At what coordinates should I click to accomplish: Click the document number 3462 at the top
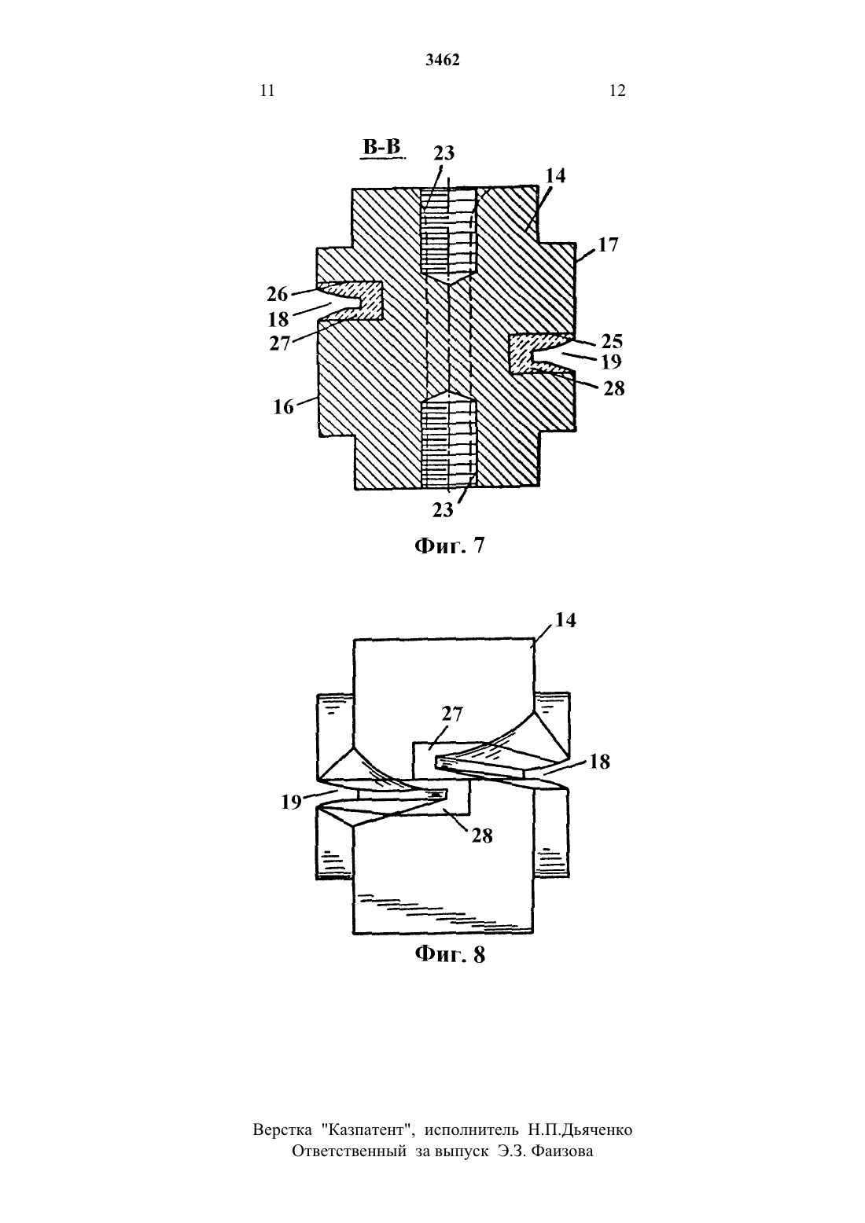[x=443, y=60]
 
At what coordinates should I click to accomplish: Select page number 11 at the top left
[x=267, y=90]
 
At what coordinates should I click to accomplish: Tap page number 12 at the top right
[x=617, y=90]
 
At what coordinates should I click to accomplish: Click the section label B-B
[x=382, y=148]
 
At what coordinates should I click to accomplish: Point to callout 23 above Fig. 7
[x=444, y=153]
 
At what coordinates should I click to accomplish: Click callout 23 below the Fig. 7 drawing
[x=443, y=510]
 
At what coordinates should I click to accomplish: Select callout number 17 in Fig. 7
[x=609, y=244]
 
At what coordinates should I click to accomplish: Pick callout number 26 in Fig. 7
[x=277, y=294]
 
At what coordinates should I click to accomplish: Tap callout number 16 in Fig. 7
[x=283, y=407]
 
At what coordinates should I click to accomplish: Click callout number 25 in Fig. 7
[x=612, y=341]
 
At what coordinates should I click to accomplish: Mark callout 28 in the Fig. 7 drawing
[x=614, y=389]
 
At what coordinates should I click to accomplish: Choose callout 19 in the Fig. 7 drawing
[x=611, y=362]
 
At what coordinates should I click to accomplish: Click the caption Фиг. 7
[x=450, y=546]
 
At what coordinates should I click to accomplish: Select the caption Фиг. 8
[x=450, y=954]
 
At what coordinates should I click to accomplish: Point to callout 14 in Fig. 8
[x=565, y=620]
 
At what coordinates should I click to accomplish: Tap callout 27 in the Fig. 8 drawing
[x=452, y=714]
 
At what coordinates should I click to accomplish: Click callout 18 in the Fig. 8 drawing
[x=599, y=762]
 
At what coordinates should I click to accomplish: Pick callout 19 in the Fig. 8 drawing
[x=292, y=802]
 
